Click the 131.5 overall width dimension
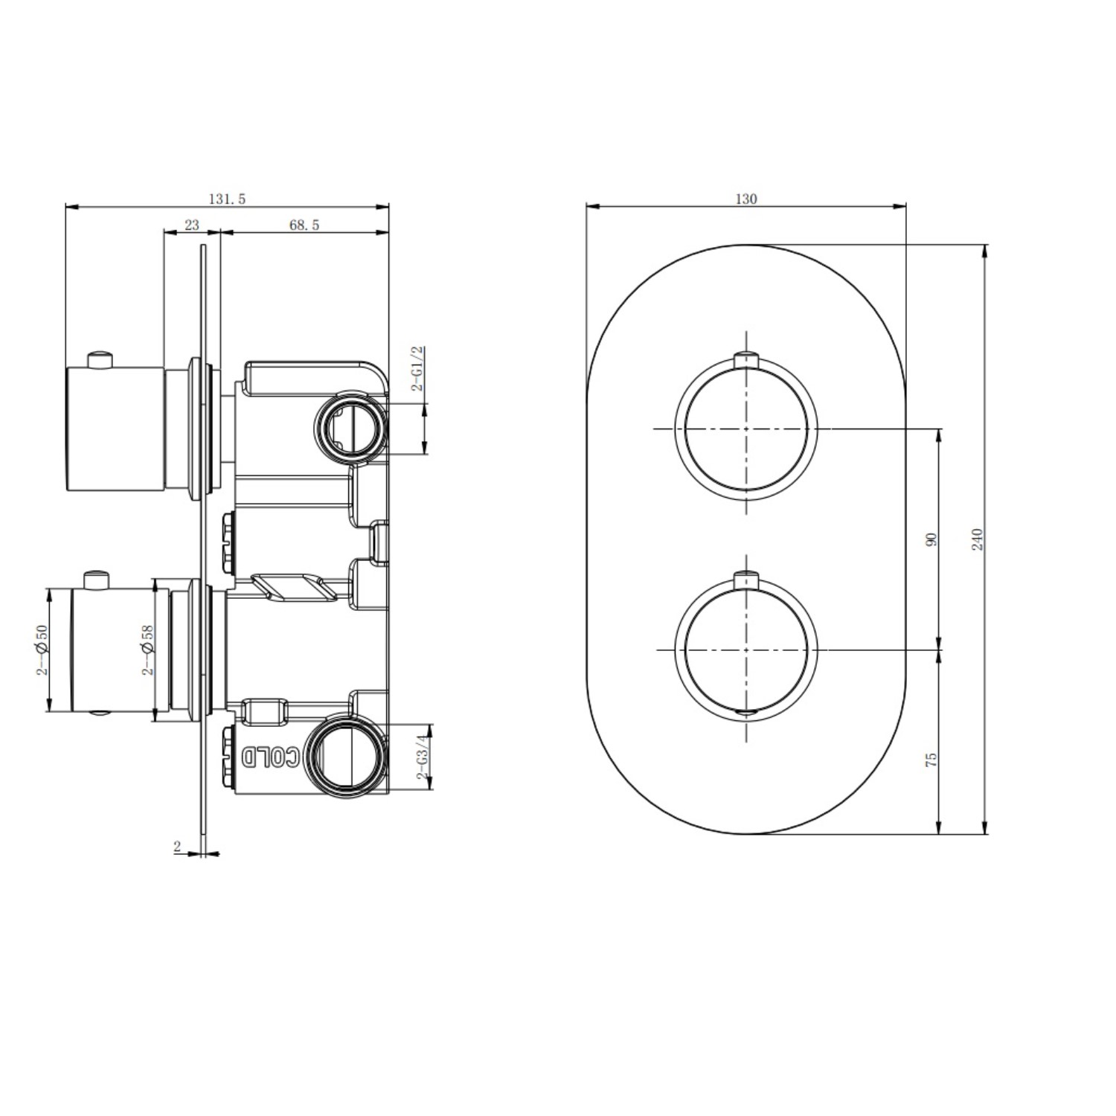tap(227, 199)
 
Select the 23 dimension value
tap(192, 225)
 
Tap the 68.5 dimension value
tap(304, 225)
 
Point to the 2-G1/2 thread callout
tap(418, 368)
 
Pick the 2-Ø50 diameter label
tap(42, 650)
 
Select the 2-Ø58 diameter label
tap(147, 650)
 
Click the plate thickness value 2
tap(177, 846)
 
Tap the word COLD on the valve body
tap(272, 757)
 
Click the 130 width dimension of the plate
tap(746, 199)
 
